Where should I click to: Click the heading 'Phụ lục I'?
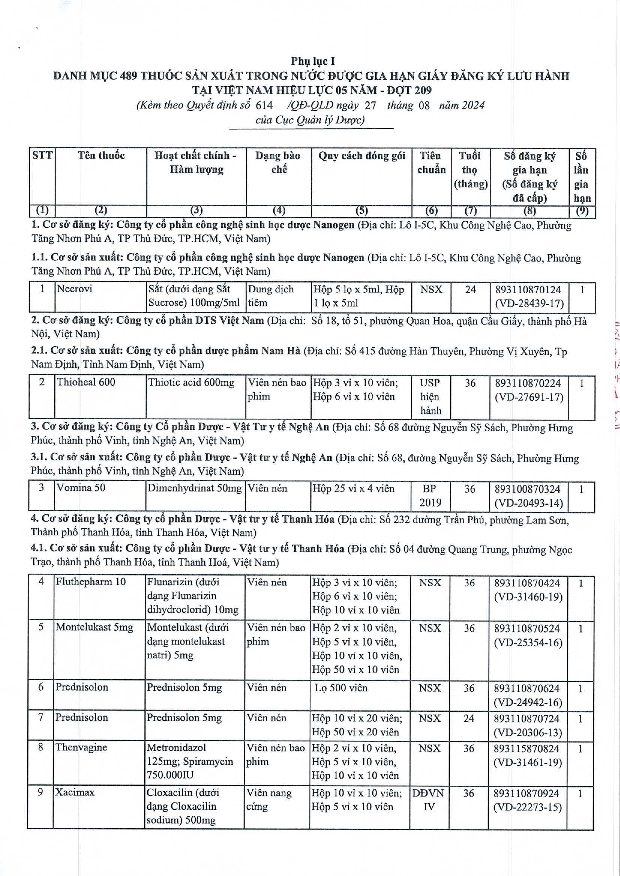[x=312, y=61]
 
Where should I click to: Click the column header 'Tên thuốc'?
[x=101, y=155]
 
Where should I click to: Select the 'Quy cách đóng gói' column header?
[x=361, y=156]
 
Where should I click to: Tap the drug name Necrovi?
[x=74, y=289]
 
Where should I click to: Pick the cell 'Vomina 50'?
[x=81, y=488]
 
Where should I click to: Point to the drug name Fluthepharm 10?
[x=90, y=582]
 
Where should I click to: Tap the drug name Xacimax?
[x=75, y=792]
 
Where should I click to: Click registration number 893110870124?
[x=528, y=290]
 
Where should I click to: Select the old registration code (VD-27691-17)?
[x=529, y=397]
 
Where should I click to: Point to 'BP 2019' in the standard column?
[x=429, y=495]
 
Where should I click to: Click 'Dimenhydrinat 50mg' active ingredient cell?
[x=195, y=488]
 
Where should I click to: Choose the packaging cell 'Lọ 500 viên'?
[x=341, y=688]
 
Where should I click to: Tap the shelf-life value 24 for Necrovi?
[x=470, y=290]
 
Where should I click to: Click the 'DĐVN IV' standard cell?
[x=428, y=800]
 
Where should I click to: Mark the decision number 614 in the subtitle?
[x=264, y=105]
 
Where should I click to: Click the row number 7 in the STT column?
[x=41, y=717]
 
